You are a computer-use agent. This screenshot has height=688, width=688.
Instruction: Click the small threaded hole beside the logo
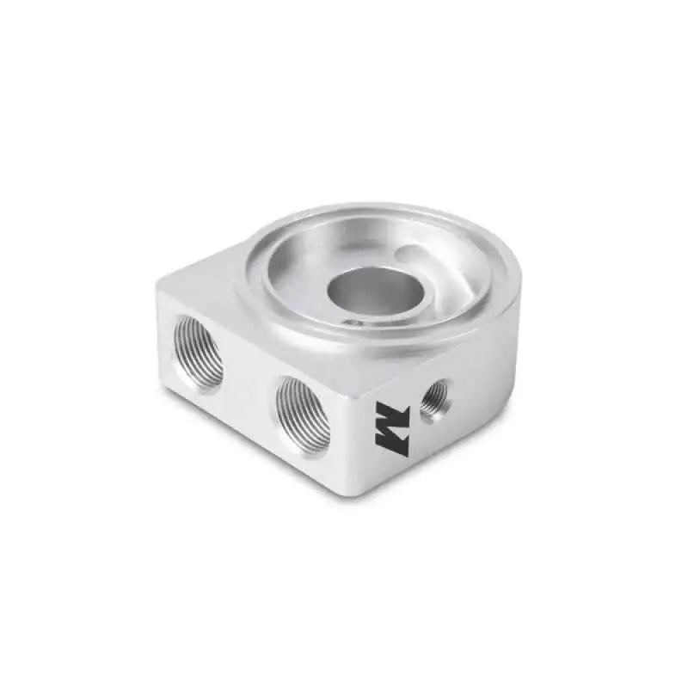pyautogui.click(x=434, y=397)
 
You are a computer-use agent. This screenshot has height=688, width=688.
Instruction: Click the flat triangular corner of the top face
pyautogui.click(x=198, y=275)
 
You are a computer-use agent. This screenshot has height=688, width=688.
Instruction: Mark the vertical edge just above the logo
pyautogui.click(x=361, y=378)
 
